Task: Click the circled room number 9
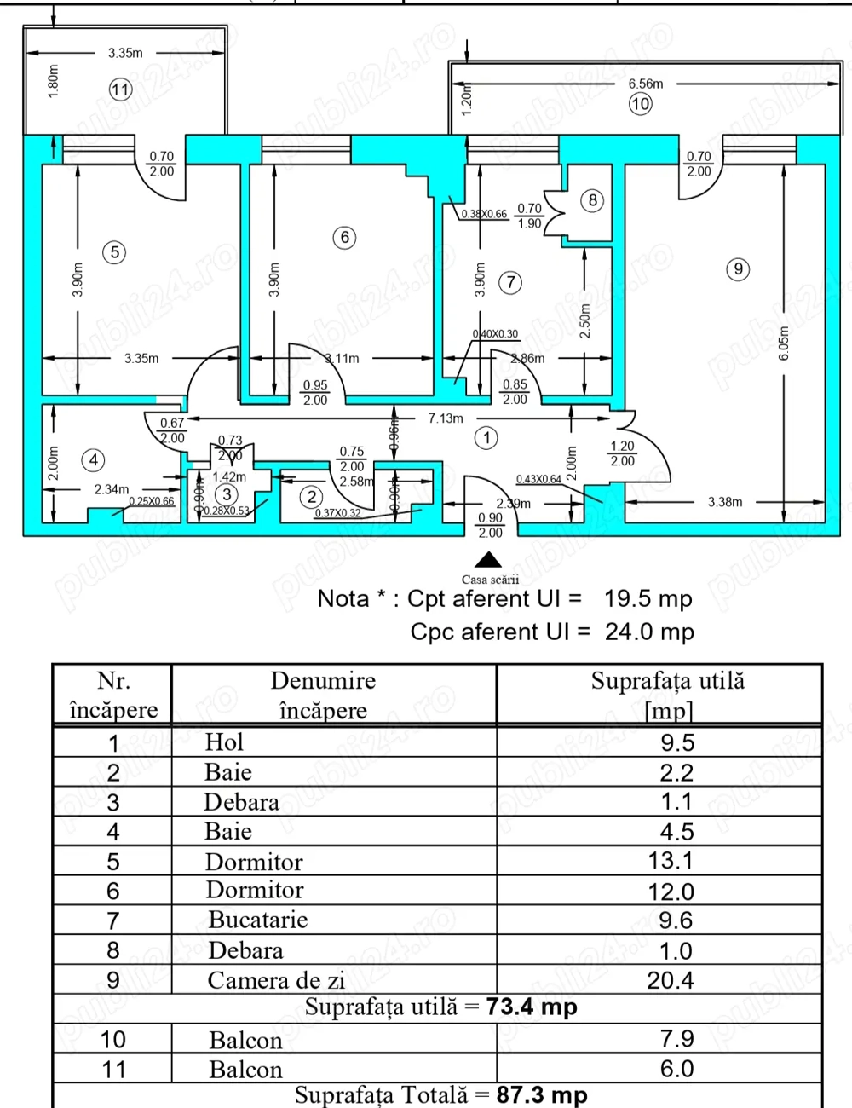click(738, 269)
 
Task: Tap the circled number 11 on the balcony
click(120, 89)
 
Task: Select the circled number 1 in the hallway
click(486, 438)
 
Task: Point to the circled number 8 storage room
click(592, 200)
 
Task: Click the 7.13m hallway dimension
click(446, 418)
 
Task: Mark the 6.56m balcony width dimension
click(645, 84)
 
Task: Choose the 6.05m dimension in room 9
click(784, 342)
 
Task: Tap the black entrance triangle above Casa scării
click(488, 559)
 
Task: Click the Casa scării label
click(490, 580)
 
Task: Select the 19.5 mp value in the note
click(648, 598)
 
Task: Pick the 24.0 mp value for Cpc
click(649, 632)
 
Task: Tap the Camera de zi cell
click(276, 980)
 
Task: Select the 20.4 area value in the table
click(671, 980)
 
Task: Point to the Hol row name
click(224, 742)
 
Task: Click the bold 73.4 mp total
click(532, 1007)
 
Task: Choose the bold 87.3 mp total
click(542, 1094)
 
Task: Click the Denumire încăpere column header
click(323, 695)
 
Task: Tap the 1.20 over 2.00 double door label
click(622, 453)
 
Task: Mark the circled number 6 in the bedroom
click(344, 237)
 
